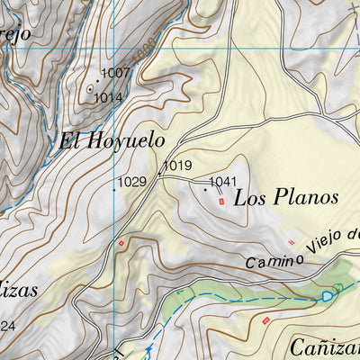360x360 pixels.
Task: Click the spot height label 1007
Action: (115, 72)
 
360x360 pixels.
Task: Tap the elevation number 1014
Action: (108, 96)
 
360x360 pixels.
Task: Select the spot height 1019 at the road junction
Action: (178, 166)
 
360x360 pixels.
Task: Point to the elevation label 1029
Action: (131, 182)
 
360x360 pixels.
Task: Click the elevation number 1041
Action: (222, 183)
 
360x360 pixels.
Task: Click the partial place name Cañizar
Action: (326, 346)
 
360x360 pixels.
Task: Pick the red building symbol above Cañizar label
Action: (265, 321)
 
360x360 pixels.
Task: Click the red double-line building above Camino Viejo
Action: (291, 241)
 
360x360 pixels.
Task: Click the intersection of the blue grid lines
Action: (114, 48)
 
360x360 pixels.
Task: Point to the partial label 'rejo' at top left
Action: (15, 34)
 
